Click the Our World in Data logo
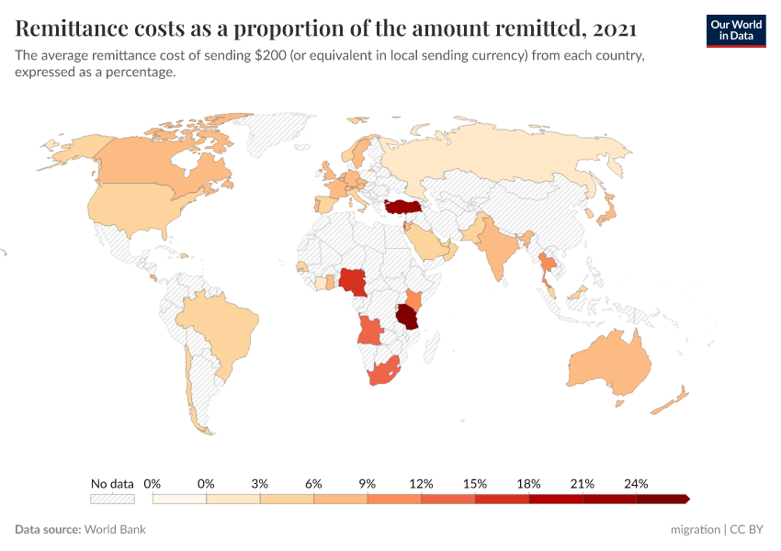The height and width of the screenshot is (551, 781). (735, 30)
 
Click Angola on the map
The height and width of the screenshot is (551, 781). (370, 330)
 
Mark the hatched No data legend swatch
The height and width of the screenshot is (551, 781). (112, 499)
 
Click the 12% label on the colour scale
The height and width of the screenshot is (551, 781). (421, 483)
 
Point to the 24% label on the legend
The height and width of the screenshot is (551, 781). (636, 483)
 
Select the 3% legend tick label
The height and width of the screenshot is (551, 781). (260, 483)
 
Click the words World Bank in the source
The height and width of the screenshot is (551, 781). (115, 530)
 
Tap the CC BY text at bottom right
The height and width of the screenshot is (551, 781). (748, 530)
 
